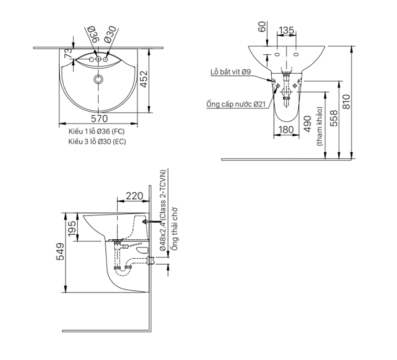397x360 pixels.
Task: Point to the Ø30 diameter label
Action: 110,34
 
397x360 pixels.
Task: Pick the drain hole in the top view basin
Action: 99,80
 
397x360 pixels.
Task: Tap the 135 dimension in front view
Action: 286,30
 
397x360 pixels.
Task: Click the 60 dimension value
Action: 262,27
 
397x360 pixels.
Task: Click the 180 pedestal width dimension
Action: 286,130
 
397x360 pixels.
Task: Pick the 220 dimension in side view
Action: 134,196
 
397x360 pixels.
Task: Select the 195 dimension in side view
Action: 72,228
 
